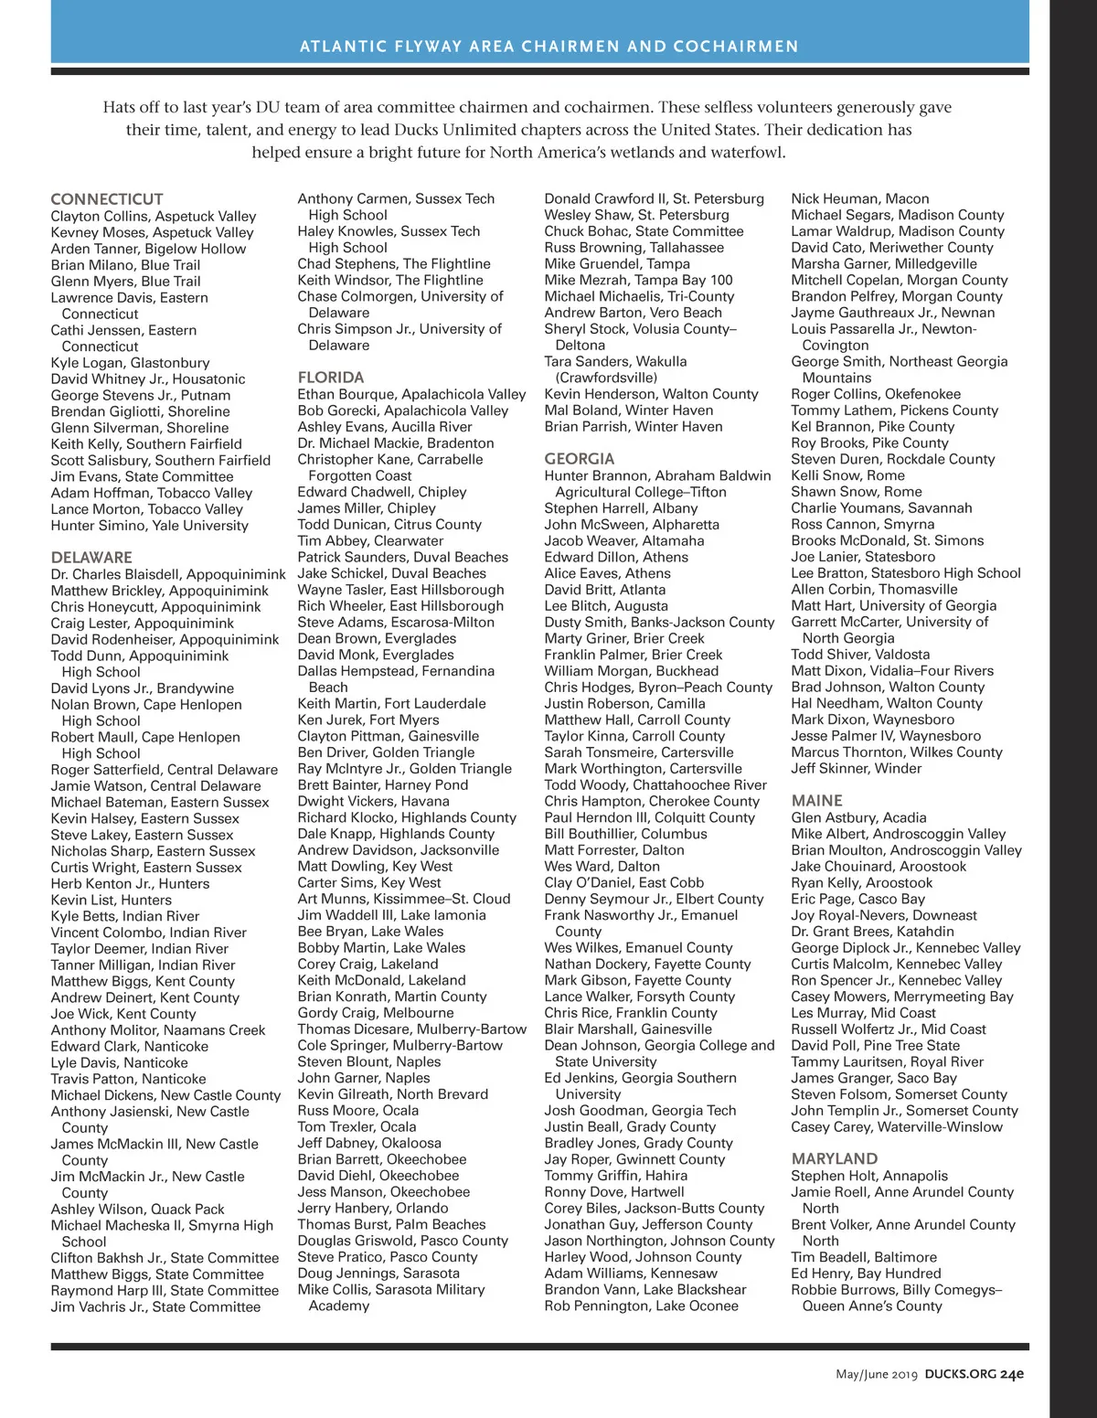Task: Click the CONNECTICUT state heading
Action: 107,199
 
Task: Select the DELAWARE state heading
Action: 91,558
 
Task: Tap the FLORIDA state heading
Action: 331,378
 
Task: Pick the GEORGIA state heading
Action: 580,459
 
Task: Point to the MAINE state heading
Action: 817,801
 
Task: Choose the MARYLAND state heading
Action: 835,1159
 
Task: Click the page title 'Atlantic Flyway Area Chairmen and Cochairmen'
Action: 549,47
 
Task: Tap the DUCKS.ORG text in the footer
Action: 960,1374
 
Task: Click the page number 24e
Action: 1012,1374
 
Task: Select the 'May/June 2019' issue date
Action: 876,1374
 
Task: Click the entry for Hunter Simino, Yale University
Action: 150,526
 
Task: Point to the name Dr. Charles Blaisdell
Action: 117,575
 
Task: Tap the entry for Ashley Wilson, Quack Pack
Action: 138,1210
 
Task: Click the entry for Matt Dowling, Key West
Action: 375,867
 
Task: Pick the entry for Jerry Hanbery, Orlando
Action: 373,1209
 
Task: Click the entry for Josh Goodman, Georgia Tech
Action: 640,1111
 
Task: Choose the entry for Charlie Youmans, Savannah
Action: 881,508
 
